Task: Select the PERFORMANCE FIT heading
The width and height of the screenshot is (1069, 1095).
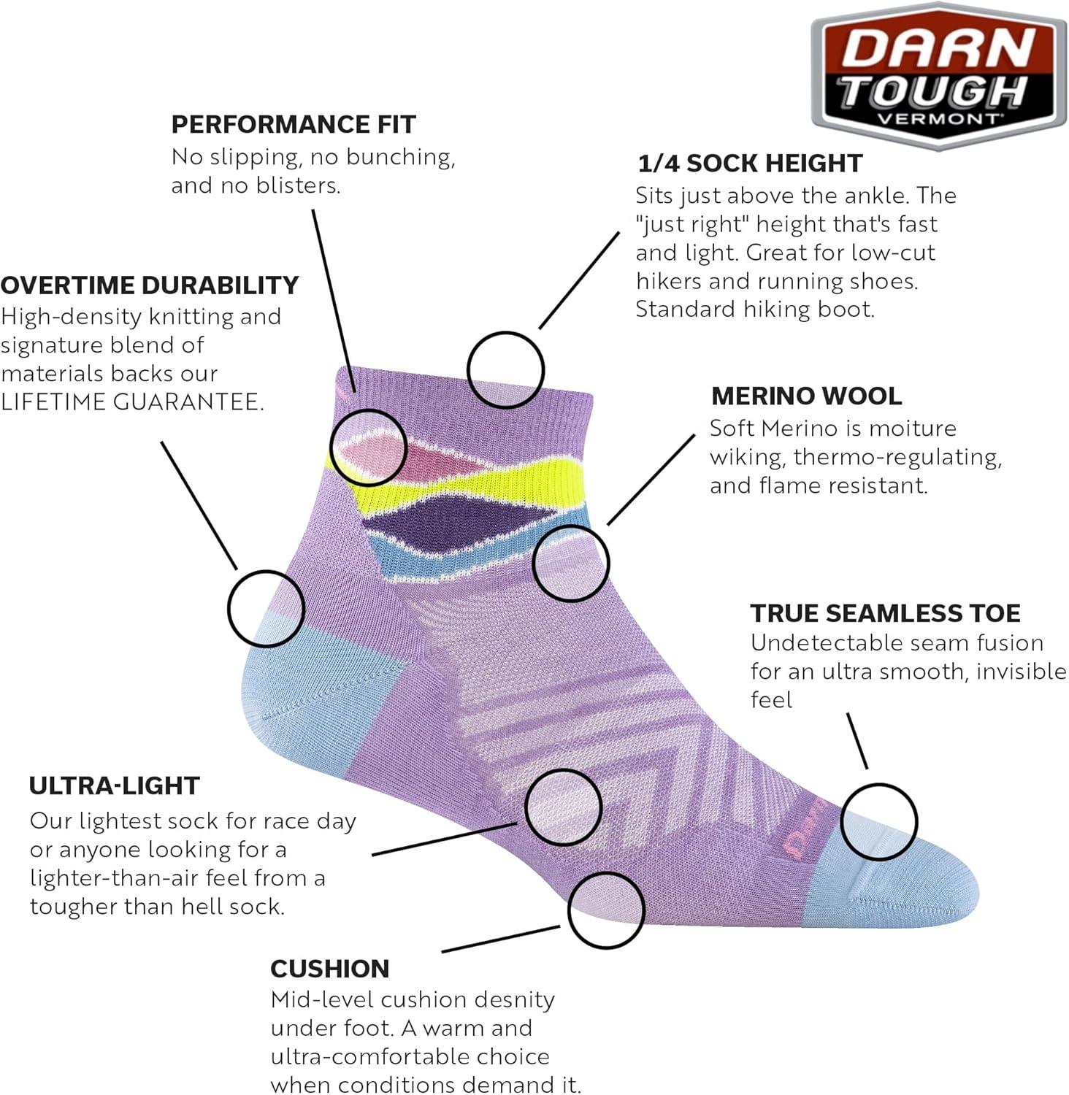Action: coord(293,125)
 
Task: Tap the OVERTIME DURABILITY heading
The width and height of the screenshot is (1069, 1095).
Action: coord(150,285)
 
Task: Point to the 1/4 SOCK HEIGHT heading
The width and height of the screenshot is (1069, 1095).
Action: coord(750,164)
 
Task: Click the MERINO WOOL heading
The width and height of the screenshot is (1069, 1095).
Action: coord(806,396)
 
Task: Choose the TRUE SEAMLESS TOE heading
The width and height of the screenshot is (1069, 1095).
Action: coord(885,613)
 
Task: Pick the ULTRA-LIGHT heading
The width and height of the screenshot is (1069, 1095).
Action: coord(114,785)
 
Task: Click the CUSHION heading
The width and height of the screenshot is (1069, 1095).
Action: coord(329,969)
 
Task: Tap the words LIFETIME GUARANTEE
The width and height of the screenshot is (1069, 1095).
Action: coord(131,402)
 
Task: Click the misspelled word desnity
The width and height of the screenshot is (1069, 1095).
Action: coord(518,999)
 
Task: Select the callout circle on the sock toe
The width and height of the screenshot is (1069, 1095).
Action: coord(878,822)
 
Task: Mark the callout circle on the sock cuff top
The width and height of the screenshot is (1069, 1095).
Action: coord(505,369)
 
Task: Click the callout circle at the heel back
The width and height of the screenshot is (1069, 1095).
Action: coord(265,608)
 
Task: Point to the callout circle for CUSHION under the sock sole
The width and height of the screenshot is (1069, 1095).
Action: coord(605,910)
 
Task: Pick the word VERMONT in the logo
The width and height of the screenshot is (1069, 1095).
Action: coord(938,118)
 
